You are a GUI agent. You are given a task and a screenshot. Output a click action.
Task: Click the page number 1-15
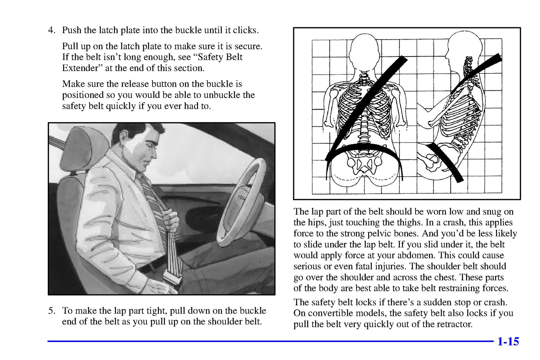click(507, 342)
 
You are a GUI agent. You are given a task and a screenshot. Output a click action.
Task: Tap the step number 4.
click(52, 30)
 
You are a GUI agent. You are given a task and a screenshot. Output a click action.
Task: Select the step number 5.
click(52, 311)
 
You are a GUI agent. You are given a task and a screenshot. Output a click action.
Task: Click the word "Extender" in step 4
click(80, 68)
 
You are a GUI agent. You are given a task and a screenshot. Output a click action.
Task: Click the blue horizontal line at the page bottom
click(269, 341)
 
